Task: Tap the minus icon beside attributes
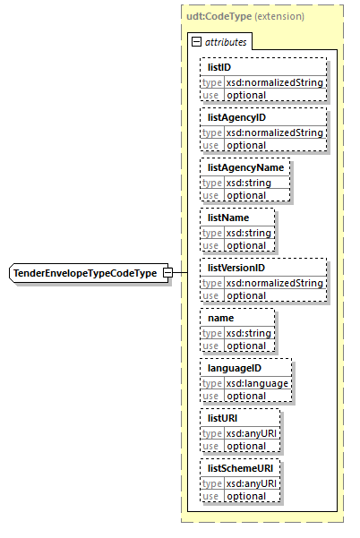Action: click(x=197, y=41)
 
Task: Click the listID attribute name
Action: click(x=220, y=67)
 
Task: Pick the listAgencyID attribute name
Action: click(x=237, y=117)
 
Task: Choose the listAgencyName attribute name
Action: click(x=245, y=167)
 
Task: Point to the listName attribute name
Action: click(x=227, y=217)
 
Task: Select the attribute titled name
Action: click(x=220, y=317)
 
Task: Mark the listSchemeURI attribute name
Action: click(x=240, y=467)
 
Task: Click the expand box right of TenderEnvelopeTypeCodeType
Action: click(x=166, y=272)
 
